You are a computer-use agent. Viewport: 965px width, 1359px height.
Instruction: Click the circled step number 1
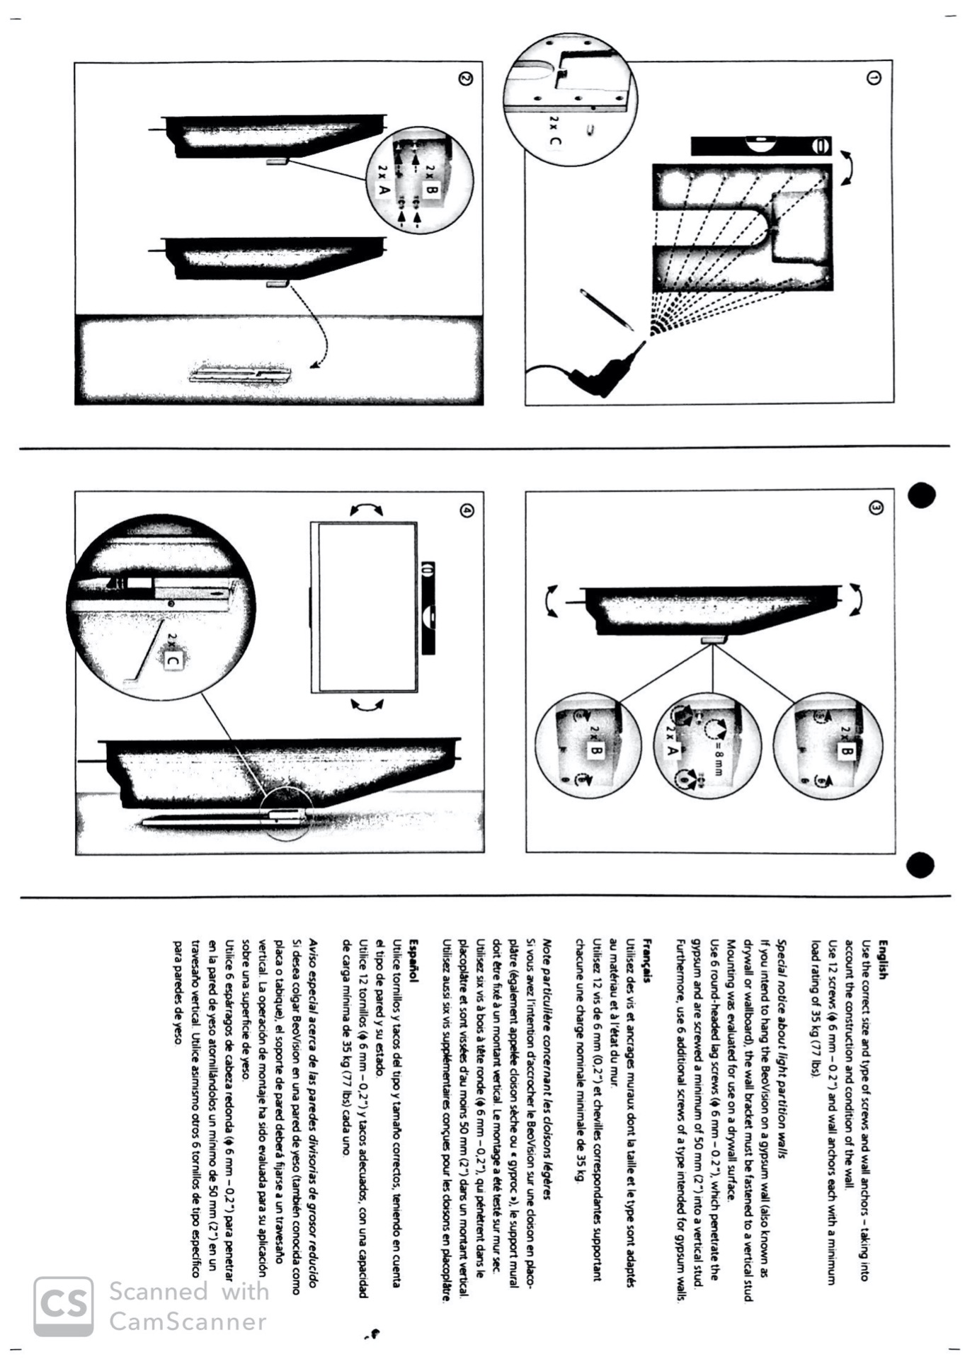874,79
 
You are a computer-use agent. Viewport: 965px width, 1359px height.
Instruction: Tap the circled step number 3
876,508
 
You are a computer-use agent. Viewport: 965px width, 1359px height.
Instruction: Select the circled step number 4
466,510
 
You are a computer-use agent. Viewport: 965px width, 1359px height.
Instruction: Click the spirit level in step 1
761,146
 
